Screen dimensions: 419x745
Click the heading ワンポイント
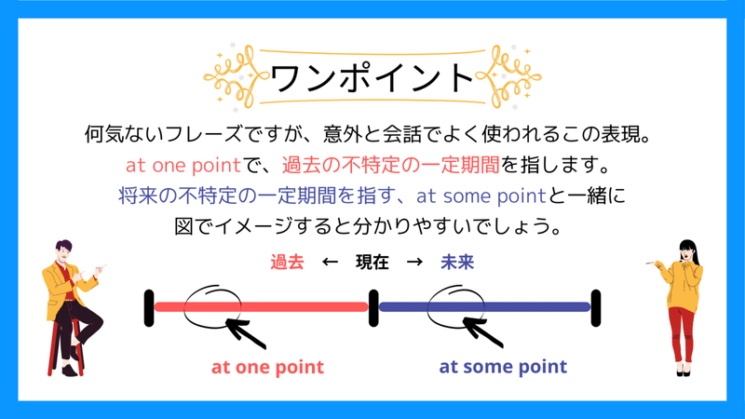tap(372, 77)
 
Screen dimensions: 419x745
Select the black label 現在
tap(372, 263)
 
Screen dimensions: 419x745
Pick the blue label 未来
tap(457, 263)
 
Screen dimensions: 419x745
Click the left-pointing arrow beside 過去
tap(329, 263)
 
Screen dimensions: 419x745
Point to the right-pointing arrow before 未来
tap(415, 263)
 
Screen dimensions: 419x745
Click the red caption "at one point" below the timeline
tap(267, 366)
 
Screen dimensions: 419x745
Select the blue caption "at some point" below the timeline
tap(503, 366)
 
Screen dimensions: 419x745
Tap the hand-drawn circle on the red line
tap(213, 306)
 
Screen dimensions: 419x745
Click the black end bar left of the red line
tap(149, 308)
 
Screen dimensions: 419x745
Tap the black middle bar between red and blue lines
tap(372, 308)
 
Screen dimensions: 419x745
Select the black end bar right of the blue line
tap(595, 308)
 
